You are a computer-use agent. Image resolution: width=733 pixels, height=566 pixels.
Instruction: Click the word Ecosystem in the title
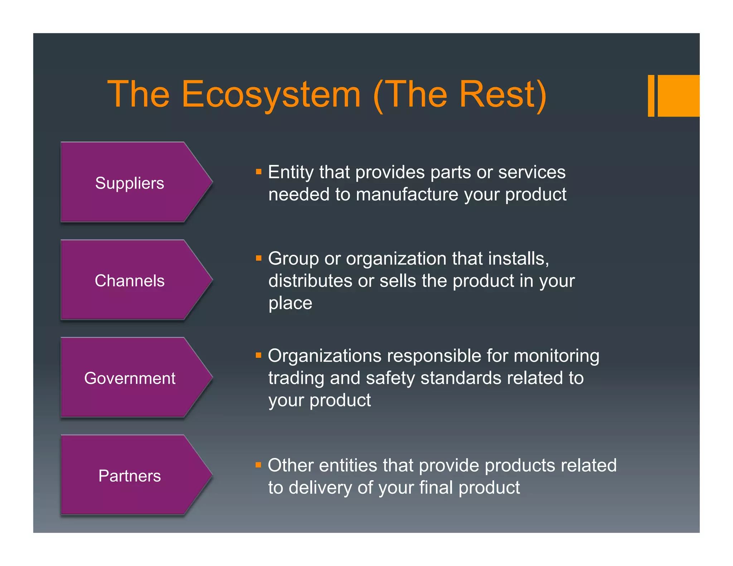click(x=271, y=94)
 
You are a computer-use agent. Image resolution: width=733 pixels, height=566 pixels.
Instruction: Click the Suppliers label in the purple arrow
click(x=130, y=183)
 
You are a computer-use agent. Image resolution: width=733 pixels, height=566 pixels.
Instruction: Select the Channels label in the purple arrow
click(x=130, y=281)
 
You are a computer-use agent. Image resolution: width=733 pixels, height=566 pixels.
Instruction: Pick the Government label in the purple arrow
click(x=130, y=379)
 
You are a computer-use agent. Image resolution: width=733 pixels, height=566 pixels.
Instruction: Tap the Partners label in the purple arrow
click(x=130, y=476)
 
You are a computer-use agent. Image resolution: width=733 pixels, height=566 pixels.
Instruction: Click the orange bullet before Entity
click(x=258, y=171)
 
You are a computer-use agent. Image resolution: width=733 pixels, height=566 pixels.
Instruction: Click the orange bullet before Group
click(x=258, y=258)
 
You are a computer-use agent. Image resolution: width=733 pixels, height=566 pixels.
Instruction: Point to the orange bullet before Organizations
click(x=258, y=355)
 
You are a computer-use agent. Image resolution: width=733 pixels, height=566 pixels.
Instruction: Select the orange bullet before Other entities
click(x=258, y=465)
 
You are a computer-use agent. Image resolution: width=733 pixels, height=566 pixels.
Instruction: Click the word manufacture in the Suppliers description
click(x=407, y=195)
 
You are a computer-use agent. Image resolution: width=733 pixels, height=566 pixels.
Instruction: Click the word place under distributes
click(x=290, y=303)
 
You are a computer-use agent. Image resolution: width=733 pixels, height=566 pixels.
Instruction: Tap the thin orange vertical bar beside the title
click(x=651, y=96)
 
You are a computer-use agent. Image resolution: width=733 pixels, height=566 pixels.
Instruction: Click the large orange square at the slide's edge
click(x=679, y=96)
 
